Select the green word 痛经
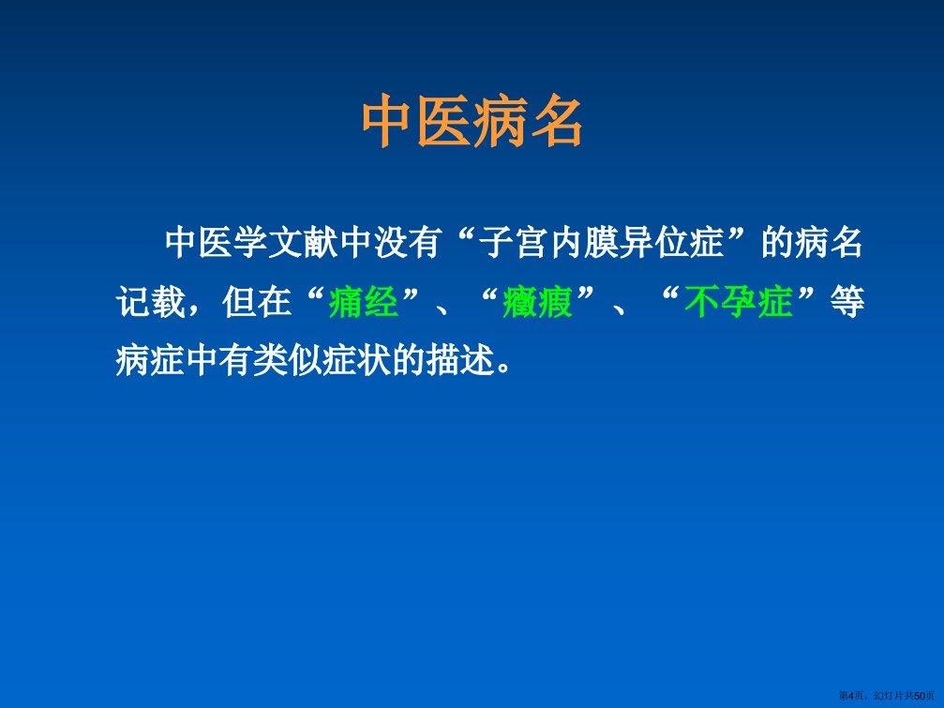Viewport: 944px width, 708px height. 364,302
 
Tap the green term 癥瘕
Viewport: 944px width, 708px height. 538,302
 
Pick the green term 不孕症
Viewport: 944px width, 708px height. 738,302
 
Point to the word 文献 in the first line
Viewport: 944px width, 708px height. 304,243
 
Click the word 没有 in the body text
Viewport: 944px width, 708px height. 409,243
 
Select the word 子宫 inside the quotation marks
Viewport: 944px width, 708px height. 514,243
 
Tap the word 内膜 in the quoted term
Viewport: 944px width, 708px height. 583,243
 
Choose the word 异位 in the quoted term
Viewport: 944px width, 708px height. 653,243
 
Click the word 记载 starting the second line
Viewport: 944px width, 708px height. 151,302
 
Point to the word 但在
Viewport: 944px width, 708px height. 257,302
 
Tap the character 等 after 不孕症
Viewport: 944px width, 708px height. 847,302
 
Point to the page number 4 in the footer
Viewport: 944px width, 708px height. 851,696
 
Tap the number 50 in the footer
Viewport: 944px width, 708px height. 920,696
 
